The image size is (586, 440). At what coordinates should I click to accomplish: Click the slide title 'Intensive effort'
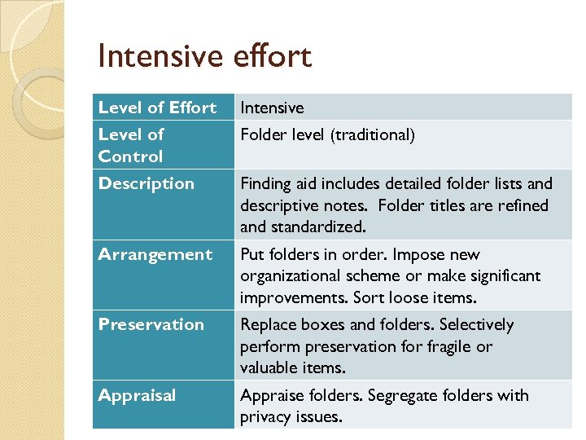click(203, 56)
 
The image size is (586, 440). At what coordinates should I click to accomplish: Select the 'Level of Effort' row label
click(157, 108)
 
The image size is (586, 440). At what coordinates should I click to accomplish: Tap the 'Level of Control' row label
click(131, 145)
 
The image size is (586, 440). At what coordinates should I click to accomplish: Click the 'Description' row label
click(146, 183)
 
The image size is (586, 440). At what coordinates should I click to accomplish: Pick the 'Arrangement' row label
click(155, 254)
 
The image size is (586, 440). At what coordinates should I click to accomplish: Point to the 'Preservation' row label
click(151, 324)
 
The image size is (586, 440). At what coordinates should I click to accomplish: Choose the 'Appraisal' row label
click(137, 395)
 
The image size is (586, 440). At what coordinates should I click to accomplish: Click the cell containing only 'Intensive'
click(272, 108)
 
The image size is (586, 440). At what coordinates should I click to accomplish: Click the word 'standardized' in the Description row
click(312, 227)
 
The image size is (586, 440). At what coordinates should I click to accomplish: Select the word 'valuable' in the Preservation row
click(269, 367)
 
